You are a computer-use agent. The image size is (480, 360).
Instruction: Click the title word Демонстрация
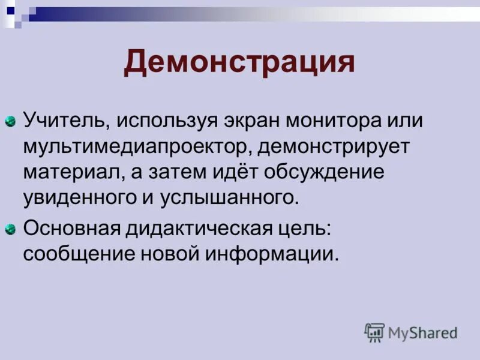click(239, 62)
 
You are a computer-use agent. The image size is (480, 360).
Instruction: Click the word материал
click(72, 172)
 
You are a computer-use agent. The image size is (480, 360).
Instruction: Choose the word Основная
click(69, 229)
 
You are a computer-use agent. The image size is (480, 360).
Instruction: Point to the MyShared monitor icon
click(374, 332)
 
